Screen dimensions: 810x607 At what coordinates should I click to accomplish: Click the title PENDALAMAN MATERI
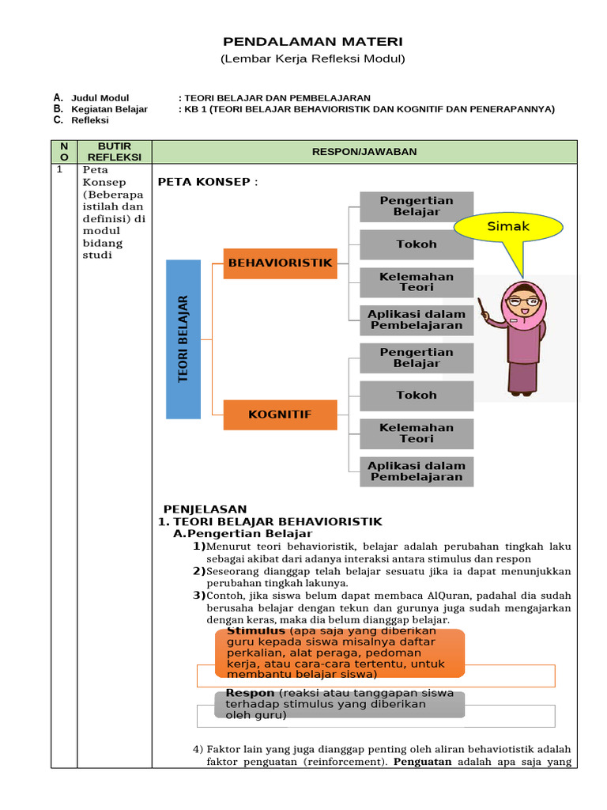[312, 41]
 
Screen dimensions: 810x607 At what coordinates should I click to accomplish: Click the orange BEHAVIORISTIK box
[280, 263]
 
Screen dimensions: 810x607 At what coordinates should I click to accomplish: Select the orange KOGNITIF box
[280, 414]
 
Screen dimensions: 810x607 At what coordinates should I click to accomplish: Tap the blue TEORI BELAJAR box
[183, 339]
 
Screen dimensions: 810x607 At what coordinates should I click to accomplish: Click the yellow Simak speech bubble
[507, 227]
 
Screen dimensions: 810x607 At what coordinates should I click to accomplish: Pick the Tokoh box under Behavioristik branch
[417, 244]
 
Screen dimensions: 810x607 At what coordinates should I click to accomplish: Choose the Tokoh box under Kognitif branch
[417, 395]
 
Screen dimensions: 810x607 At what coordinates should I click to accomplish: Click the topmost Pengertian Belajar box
[417, 206]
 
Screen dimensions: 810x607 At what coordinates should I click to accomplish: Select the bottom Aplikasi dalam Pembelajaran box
[417, 471]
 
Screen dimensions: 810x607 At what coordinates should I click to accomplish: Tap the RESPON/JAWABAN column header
[364, 152]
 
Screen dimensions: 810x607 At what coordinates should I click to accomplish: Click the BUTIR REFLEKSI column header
[114, 152]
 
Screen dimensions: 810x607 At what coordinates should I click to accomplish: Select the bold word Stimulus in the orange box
[255, 632]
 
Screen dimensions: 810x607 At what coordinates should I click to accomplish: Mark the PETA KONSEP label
[208, 182]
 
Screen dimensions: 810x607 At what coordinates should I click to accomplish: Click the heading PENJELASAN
[205, 509]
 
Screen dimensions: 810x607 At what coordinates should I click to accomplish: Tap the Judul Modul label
[100, 98]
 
